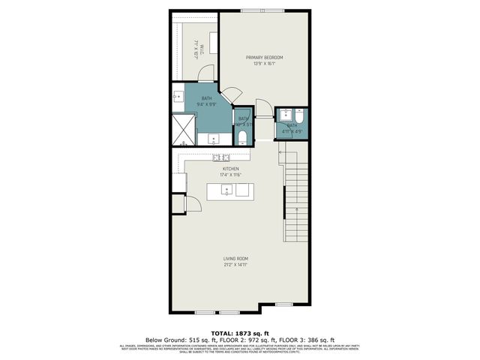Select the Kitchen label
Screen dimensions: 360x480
230,169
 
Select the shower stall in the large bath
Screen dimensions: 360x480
184,128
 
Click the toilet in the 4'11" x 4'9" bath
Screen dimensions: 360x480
298,115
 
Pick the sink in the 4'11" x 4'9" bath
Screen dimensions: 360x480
286,115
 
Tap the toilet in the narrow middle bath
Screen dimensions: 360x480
243,137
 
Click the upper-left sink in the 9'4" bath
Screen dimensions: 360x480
178,96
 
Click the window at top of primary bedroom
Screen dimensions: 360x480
262,10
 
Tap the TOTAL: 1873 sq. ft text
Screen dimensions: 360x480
239,332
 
